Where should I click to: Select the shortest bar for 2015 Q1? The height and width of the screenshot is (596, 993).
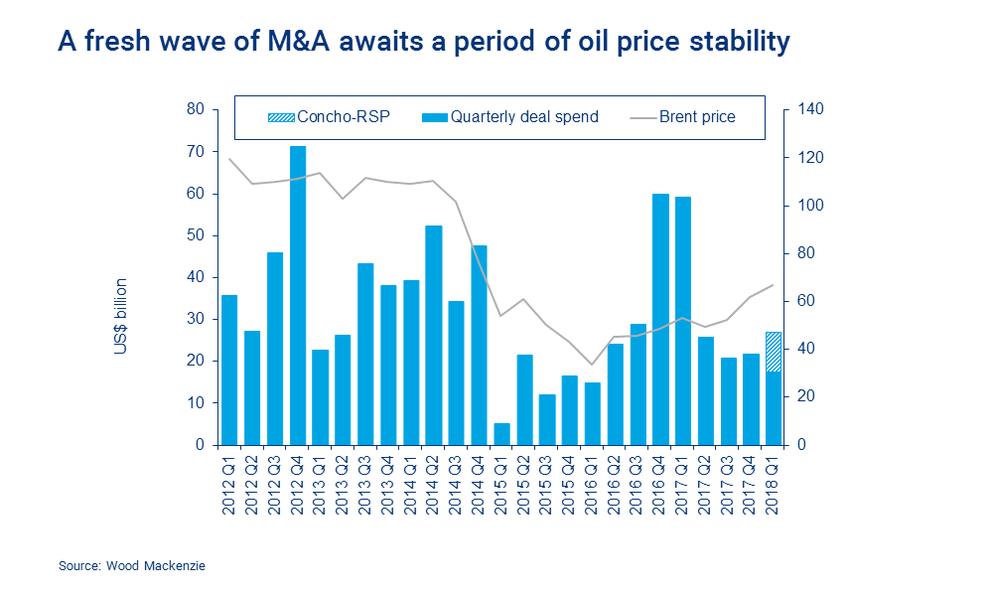point(501,434)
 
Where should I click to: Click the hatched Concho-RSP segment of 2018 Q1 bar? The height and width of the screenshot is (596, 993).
point(774,352)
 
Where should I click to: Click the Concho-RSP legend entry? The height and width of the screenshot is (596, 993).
point(329,117)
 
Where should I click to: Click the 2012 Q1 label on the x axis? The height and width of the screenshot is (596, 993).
point(229,479)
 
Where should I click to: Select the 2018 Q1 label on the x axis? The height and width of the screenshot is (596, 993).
point(774,479)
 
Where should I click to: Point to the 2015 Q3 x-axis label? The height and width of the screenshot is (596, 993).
point(547,479)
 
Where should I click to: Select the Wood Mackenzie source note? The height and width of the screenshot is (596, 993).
point(131,566)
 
